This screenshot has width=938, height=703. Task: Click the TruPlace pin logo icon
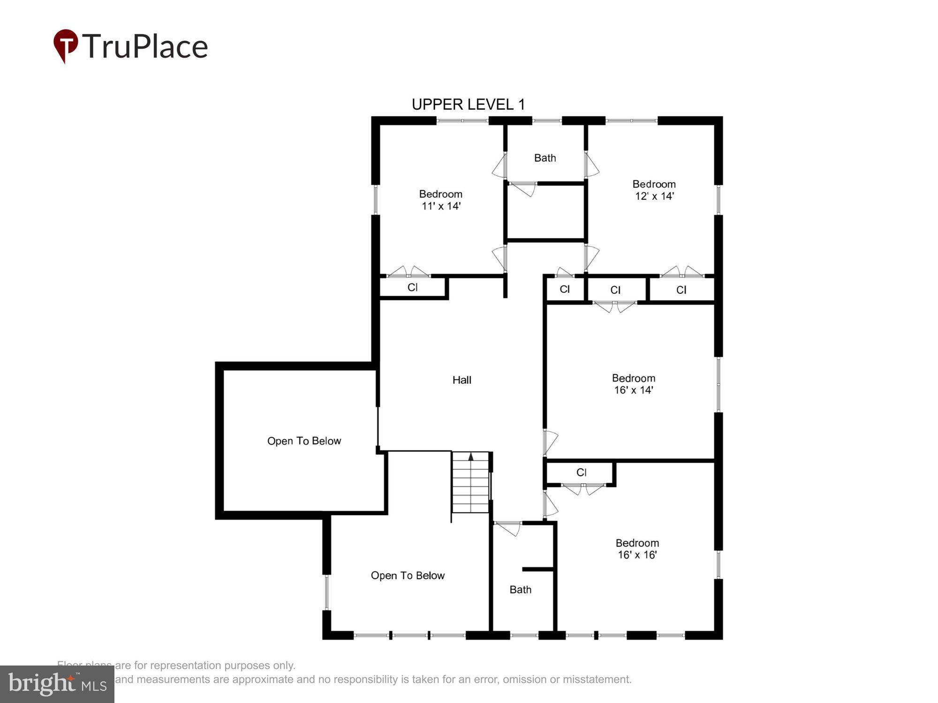coord(66,45)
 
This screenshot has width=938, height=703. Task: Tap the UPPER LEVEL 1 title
coord(468,105)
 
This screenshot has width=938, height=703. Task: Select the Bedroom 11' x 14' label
coord(440,200)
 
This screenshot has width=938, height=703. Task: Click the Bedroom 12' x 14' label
coord(654,190)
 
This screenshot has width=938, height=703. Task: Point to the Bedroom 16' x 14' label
coord(633,384)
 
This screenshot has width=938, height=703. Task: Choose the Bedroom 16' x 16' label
coord(637,549)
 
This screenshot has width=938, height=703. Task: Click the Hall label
coord(461,380)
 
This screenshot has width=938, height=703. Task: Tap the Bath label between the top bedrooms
coord(545,158)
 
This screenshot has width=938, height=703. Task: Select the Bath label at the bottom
coord(520,590)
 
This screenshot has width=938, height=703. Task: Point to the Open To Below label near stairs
coord(408,576)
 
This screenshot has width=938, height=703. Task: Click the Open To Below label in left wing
coord(304,441)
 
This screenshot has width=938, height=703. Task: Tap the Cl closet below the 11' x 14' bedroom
coord(412,287)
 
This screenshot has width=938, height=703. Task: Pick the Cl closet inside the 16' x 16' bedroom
coord(581,472)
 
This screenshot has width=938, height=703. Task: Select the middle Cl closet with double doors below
coord(615,290)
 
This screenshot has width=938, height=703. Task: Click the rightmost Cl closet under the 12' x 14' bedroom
coord(681,290)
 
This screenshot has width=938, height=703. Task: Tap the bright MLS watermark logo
coord(57,684)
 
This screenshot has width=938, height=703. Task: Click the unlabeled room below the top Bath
coord(545,212)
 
